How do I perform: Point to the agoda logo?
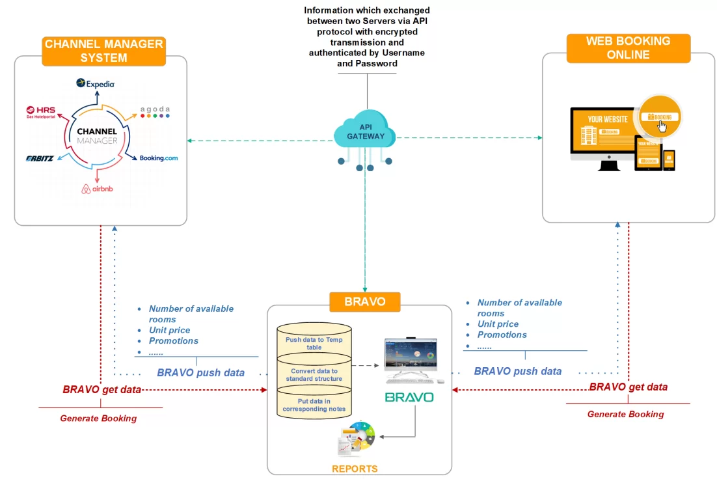(155, 111)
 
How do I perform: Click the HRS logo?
(41, 111)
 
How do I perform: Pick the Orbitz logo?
(40, 158)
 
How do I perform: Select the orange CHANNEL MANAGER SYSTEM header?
(103, 51)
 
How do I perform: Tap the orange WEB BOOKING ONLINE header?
(628, 48)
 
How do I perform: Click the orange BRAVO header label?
(366, 302)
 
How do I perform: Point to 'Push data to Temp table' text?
(314, 343)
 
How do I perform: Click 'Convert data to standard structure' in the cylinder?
(314, 375)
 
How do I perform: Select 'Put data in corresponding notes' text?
(314, 405)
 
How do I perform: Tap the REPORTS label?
(355, 469)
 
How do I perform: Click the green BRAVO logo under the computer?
(409, 397)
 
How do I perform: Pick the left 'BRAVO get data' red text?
(102, 389)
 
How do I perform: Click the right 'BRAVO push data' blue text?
(517, 371)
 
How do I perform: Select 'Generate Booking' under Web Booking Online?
(625, 414)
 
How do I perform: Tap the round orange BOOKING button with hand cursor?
(660, 117)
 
